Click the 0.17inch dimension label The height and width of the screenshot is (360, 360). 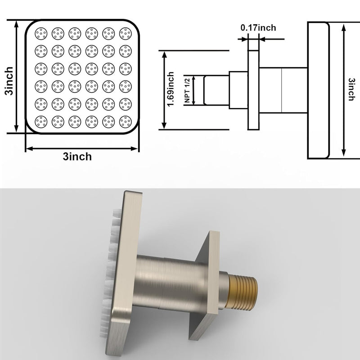258,28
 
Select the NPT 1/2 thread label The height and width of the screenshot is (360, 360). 188,90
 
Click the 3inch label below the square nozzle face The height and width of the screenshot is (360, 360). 77,157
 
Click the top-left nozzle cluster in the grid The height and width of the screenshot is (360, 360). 41,33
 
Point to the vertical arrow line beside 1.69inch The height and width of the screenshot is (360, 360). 165,90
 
